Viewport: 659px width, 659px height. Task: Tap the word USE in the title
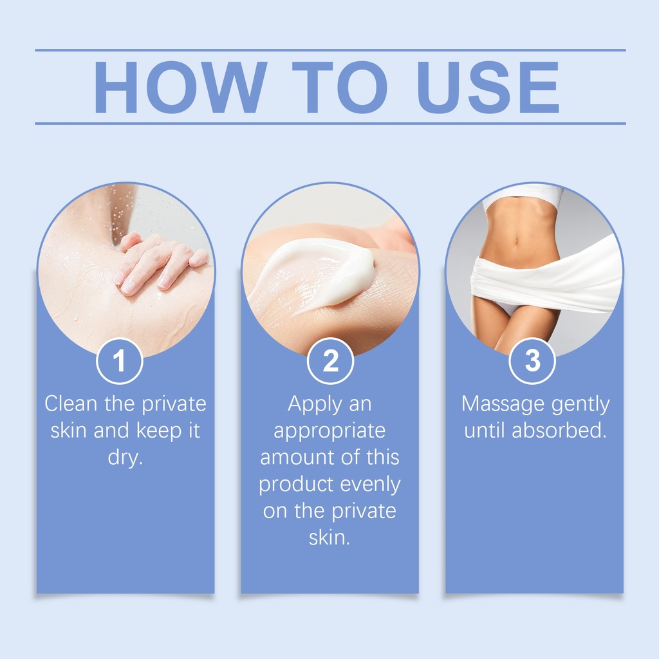pos(488,87)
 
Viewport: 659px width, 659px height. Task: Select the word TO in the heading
pos(340,87)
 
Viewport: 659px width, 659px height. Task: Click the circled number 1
pos(120,361)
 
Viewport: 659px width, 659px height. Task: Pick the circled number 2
pos(330,361)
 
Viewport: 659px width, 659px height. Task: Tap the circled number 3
pos(532,361)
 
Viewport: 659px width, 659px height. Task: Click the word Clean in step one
pos(71,404)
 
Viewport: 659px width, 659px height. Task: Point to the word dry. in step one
pos(125,458)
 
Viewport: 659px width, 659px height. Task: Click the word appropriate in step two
pos(329,431)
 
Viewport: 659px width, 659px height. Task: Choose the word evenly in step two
pos(370,485)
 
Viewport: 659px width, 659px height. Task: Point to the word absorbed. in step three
pos(559,431)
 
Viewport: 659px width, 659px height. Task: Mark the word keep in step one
pos(156,431)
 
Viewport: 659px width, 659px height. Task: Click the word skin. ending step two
pos(329,537)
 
